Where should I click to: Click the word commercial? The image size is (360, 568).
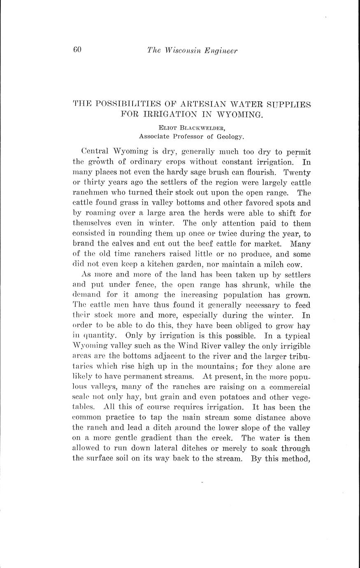290,387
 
